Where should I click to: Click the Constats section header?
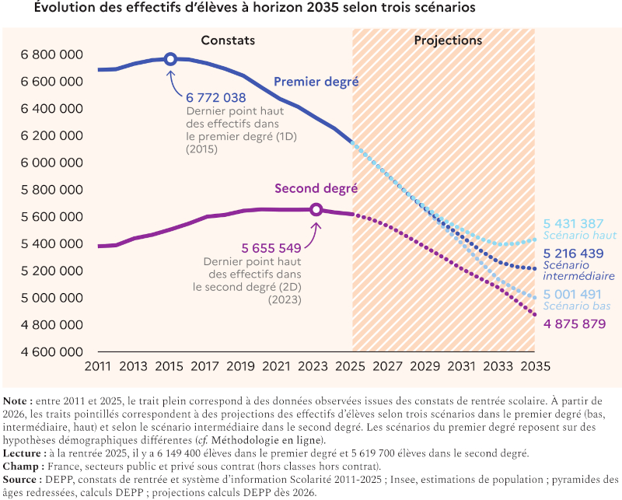228,40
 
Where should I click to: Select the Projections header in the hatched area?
448,40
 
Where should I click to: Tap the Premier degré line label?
316,82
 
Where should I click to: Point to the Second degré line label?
316,188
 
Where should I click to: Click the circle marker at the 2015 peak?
171,59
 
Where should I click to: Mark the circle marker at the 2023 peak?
316,209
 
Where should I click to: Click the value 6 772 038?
215,98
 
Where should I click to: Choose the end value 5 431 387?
575,222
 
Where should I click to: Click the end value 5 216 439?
575,253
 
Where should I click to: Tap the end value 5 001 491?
575,294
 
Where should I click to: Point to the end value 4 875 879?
575,323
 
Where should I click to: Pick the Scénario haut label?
579,235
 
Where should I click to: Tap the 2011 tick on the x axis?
99,366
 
